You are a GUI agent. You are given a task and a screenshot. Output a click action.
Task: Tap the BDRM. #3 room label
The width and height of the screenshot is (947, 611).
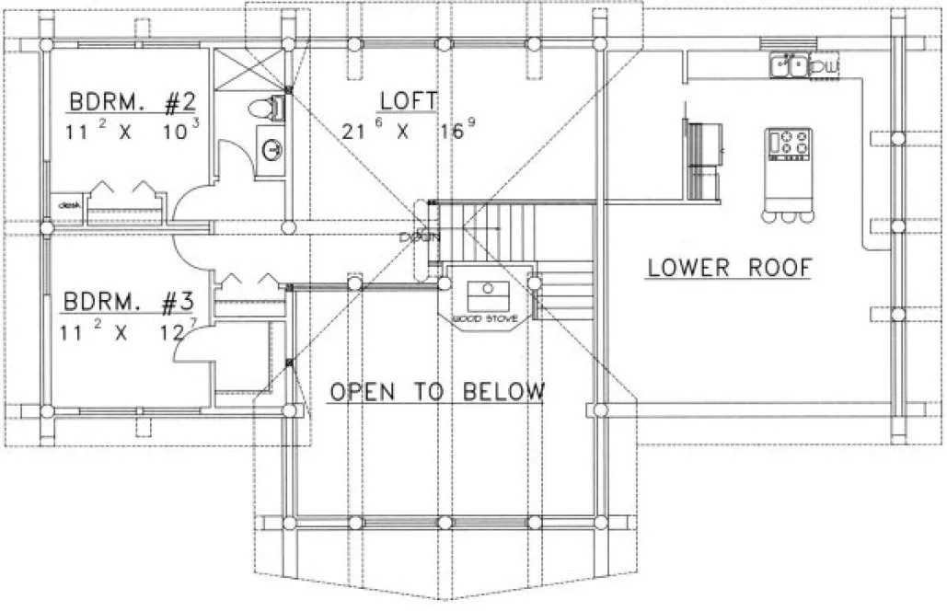coord(130,301)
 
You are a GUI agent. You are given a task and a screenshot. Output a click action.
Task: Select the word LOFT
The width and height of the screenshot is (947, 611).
coord(407,99)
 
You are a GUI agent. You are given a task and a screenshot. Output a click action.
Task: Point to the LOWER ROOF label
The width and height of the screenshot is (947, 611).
coord(729,268)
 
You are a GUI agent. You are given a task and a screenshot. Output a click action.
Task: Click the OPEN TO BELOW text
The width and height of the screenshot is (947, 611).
coord(437,392)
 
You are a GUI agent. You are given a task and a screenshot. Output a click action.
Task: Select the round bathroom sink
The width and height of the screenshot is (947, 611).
coord(271,148)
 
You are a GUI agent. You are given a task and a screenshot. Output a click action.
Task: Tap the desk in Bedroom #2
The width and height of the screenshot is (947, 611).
coord(68,206)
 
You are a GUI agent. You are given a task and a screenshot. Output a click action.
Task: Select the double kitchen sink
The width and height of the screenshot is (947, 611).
coord(790,64)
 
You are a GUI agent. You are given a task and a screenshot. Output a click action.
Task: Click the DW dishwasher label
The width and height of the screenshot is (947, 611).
coord(827,66)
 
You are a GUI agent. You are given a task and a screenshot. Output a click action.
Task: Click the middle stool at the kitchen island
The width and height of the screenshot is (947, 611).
coord(791,213)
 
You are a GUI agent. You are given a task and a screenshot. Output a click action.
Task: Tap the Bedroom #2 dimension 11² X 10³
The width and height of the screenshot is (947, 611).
coord(134,131)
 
